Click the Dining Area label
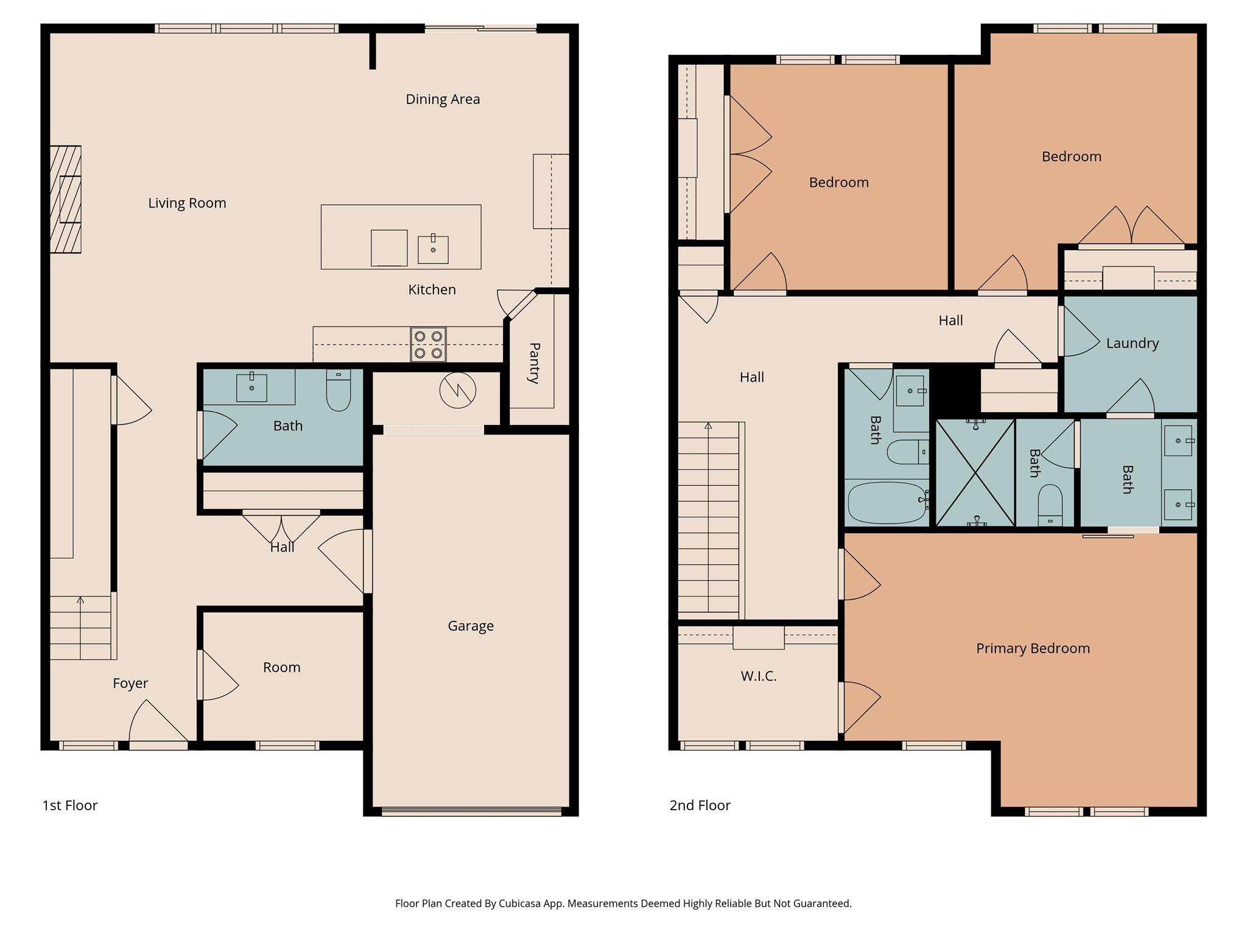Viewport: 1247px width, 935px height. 443,99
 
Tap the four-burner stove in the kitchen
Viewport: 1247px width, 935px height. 428,345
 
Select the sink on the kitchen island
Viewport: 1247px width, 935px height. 433,250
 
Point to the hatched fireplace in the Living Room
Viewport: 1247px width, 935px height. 65,199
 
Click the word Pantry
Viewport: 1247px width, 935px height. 534,363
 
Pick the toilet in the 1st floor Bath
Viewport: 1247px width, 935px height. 339,391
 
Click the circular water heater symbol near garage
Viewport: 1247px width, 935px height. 457,390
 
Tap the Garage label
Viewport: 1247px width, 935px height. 470,626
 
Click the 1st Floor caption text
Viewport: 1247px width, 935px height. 69,805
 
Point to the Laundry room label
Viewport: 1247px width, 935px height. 1132,343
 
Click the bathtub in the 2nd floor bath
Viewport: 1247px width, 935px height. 887,503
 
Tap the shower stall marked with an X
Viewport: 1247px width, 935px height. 975,472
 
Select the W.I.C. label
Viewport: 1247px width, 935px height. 758,676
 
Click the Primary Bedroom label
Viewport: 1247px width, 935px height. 1033,648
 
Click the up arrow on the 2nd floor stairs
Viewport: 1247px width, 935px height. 708,427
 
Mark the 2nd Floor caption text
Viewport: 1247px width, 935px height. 700,805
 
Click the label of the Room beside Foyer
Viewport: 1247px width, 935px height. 281,667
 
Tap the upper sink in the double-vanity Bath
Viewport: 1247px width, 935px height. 1178,441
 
